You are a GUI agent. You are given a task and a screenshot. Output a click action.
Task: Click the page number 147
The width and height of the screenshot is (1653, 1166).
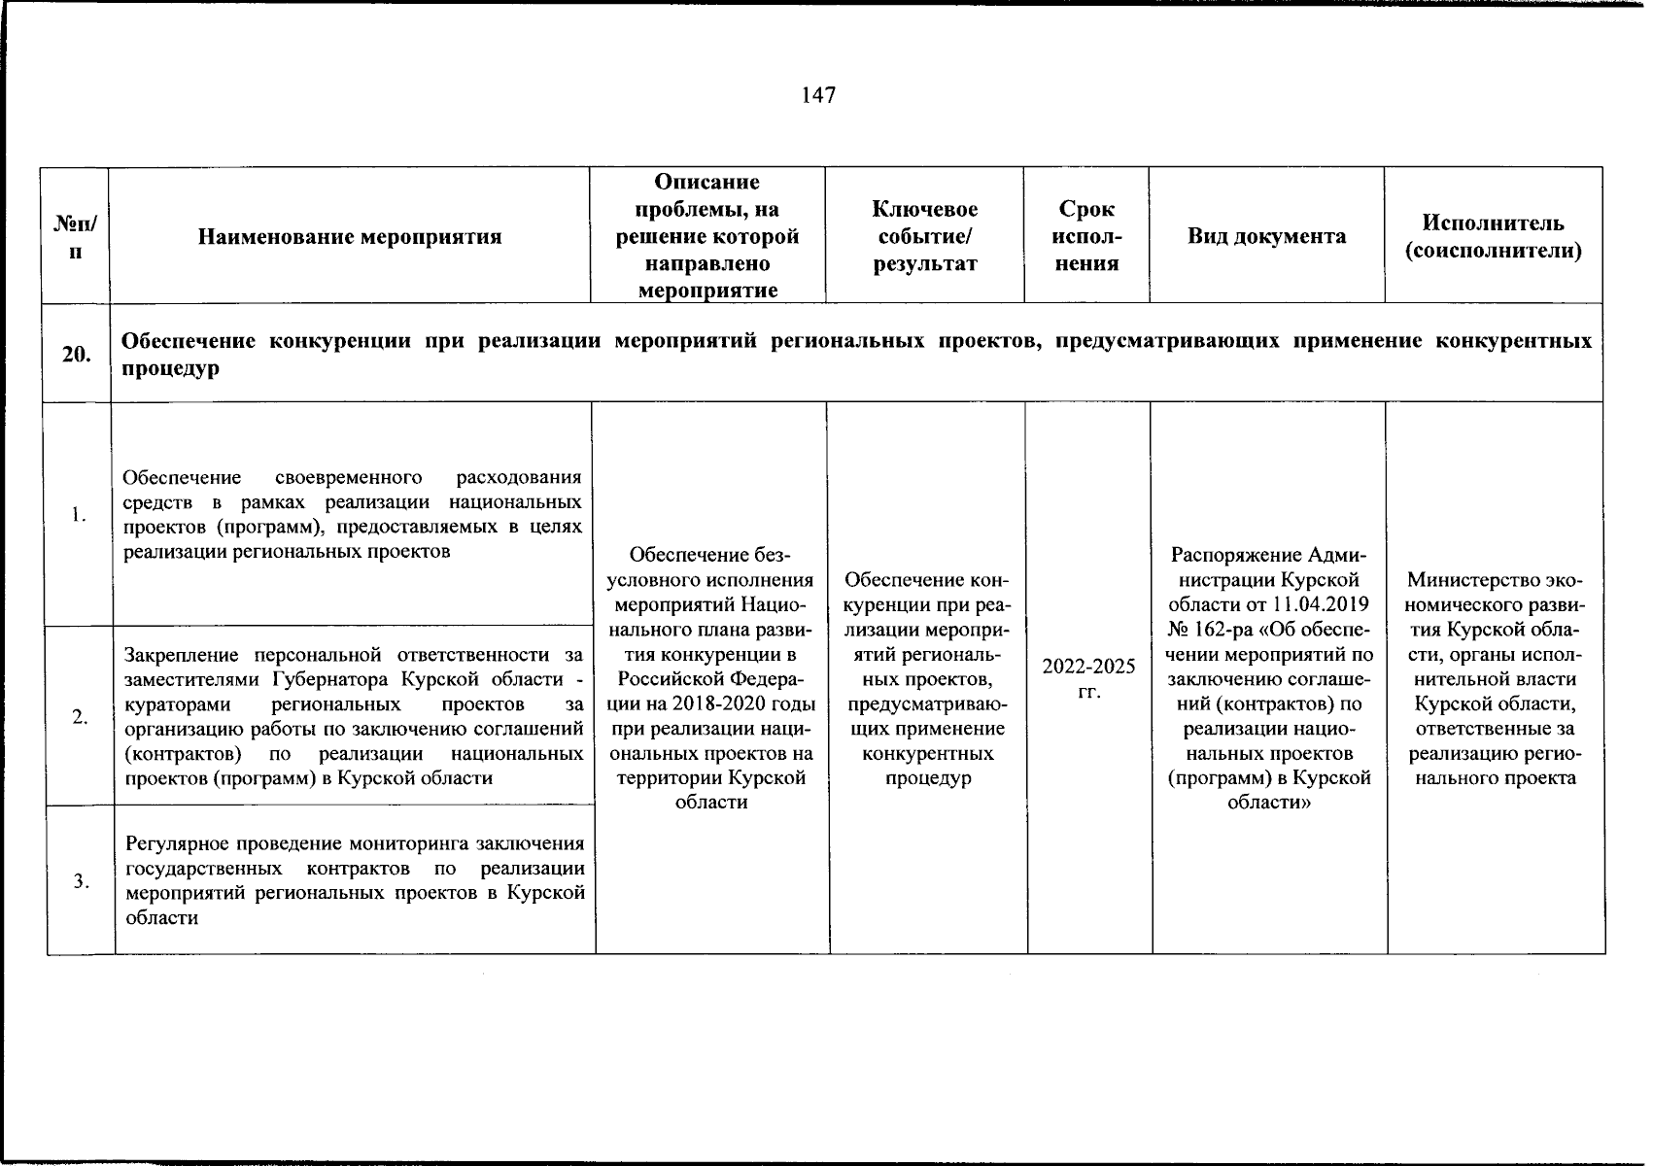tap(818, 95)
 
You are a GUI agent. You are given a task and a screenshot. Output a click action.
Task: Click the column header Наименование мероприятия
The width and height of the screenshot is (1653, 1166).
tap(350, 236)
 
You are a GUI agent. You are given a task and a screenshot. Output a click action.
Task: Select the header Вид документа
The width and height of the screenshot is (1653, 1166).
tap(1266, 236)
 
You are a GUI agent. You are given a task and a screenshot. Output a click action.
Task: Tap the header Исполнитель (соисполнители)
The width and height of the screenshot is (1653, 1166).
tap(1494, 236)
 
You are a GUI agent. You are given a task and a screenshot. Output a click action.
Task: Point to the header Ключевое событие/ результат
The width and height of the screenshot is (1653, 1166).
tap(924, 236)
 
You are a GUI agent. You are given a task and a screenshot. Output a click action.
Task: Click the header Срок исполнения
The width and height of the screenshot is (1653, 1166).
tap(1086, 236)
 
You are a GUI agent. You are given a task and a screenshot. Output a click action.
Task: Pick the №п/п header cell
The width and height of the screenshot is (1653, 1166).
tap(75, 236)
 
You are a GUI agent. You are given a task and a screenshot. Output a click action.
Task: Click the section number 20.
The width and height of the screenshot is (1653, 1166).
tap(76, 355)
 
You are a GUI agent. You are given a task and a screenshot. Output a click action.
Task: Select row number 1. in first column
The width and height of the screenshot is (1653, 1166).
tap(79, 515)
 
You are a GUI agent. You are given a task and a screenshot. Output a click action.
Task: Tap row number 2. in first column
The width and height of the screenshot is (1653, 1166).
tap(79, 717)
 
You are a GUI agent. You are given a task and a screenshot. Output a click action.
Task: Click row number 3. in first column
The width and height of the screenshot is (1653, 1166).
tap(79, 881)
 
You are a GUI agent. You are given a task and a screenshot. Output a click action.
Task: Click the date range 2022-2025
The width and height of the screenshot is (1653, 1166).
tap(1088, 667)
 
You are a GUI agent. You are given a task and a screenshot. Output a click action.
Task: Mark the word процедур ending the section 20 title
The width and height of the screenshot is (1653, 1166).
tap(170, 369)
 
